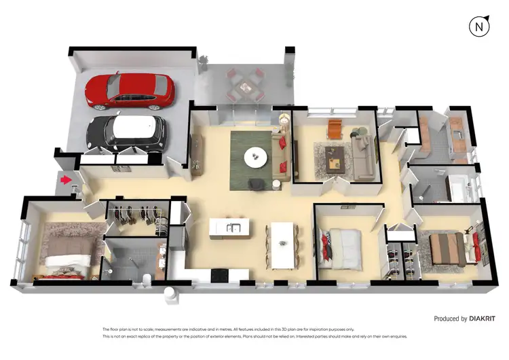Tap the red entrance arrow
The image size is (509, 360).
[x=66, y=180]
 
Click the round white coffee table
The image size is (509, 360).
[x=256, y=157]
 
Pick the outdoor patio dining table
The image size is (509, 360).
[x=244, y=83]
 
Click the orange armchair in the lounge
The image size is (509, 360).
[x=335, y=128]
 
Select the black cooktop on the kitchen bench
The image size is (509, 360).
[x=221, y=274]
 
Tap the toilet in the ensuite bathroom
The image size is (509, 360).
[x=147, y=273]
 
